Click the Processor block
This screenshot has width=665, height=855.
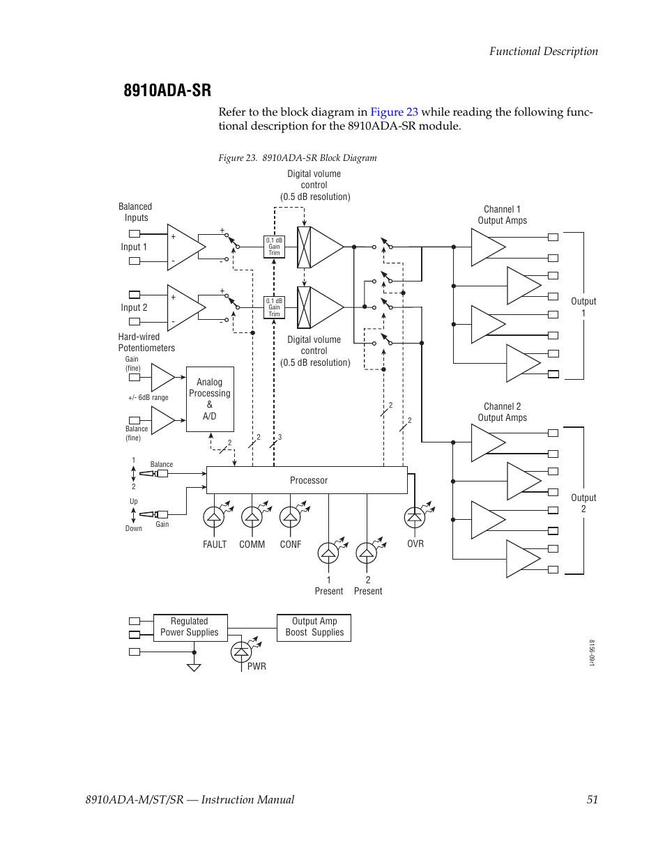307,480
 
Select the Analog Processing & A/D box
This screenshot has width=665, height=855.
209,399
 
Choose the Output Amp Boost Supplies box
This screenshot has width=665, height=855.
314,627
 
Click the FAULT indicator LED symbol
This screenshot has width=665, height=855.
213,516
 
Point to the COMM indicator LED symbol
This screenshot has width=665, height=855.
252,516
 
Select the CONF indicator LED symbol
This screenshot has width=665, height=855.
290,516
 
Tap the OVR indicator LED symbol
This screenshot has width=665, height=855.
415,516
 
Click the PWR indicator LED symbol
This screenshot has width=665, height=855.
241,651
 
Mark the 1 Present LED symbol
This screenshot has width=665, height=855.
328,553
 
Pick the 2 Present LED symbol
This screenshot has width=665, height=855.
367,553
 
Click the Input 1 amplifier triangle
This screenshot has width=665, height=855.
183,247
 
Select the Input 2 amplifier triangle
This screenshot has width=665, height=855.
183,307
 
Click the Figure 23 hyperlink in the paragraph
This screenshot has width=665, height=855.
394,112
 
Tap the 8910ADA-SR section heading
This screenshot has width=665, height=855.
167,91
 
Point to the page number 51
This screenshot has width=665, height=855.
592,799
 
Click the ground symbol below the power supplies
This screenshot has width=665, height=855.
194,667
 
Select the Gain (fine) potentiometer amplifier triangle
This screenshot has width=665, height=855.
162,378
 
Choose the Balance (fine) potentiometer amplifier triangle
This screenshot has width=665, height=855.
162,420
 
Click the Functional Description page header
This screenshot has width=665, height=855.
543,51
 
